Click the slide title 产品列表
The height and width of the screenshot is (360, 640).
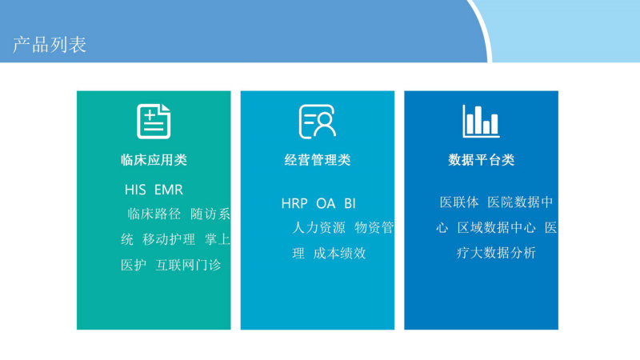tap(50, 45)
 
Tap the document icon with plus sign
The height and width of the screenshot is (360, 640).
tap(154, 122)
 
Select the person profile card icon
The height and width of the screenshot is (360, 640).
tap(317, 122)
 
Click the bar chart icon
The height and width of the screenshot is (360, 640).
tap(481, 121)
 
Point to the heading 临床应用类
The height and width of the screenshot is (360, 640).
tap(154, 159)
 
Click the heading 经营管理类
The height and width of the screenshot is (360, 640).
tap(318, 159)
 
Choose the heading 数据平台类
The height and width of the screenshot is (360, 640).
tap(482, 159)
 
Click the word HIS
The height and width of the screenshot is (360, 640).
tap(135, 190)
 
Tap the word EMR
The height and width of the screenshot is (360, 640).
tap(169, 190)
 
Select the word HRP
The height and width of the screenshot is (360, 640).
tap(294, 203)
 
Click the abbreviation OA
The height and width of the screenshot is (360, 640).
tap(326, 203)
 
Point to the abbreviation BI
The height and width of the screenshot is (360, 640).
tap(350, 203)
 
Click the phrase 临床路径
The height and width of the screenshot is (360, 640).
tap(154, 214)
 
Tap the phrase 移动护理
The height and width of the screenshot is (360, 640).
tap(169, 239)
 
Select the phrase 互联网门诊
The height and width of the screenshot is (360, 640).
tap(188, 266)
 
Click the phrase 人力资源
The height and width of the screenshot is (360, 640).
tap(318, 228)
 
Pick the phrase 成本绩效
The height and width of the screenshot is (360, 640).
tap(339, 254)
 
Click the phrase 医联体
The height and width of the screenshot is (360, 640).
tap(459, 202)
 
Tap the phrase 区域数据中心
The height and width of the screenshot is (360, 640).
tap(496, 228)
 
